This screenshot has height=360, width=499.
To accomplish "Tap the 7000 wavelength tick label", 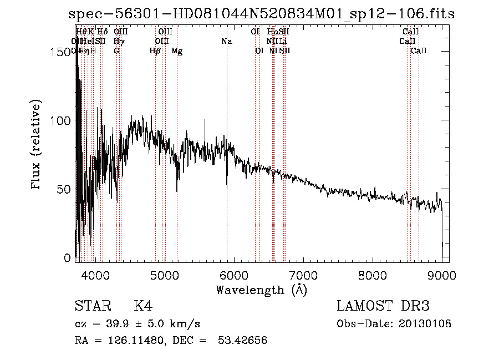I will click(x=303, y=275).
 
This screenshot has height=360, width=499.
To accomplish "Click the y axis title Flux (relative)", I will click(x=37, y=146).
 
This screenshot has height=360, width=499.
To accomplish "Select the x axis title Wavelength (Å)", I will click(x=261, y=290).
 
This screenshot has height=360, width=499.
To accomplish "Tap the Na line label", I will click(x=226, y=41).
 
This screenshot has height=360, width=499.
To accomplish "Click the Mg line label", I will click(x=177, y=51).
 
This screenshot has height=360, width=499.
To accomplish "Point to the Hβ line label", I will click(x=155, y=51).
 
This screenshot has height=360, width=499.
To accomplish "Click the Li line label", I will click(x=283, y=41).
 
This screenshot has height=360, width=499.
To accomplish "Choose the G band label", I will click(x=116, y=51).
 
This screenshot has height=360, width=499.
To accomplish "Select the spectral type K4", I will click(x=143, y=306).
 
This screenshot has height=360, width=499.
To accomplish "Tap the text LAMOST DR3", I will click(x=383, y=306).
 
